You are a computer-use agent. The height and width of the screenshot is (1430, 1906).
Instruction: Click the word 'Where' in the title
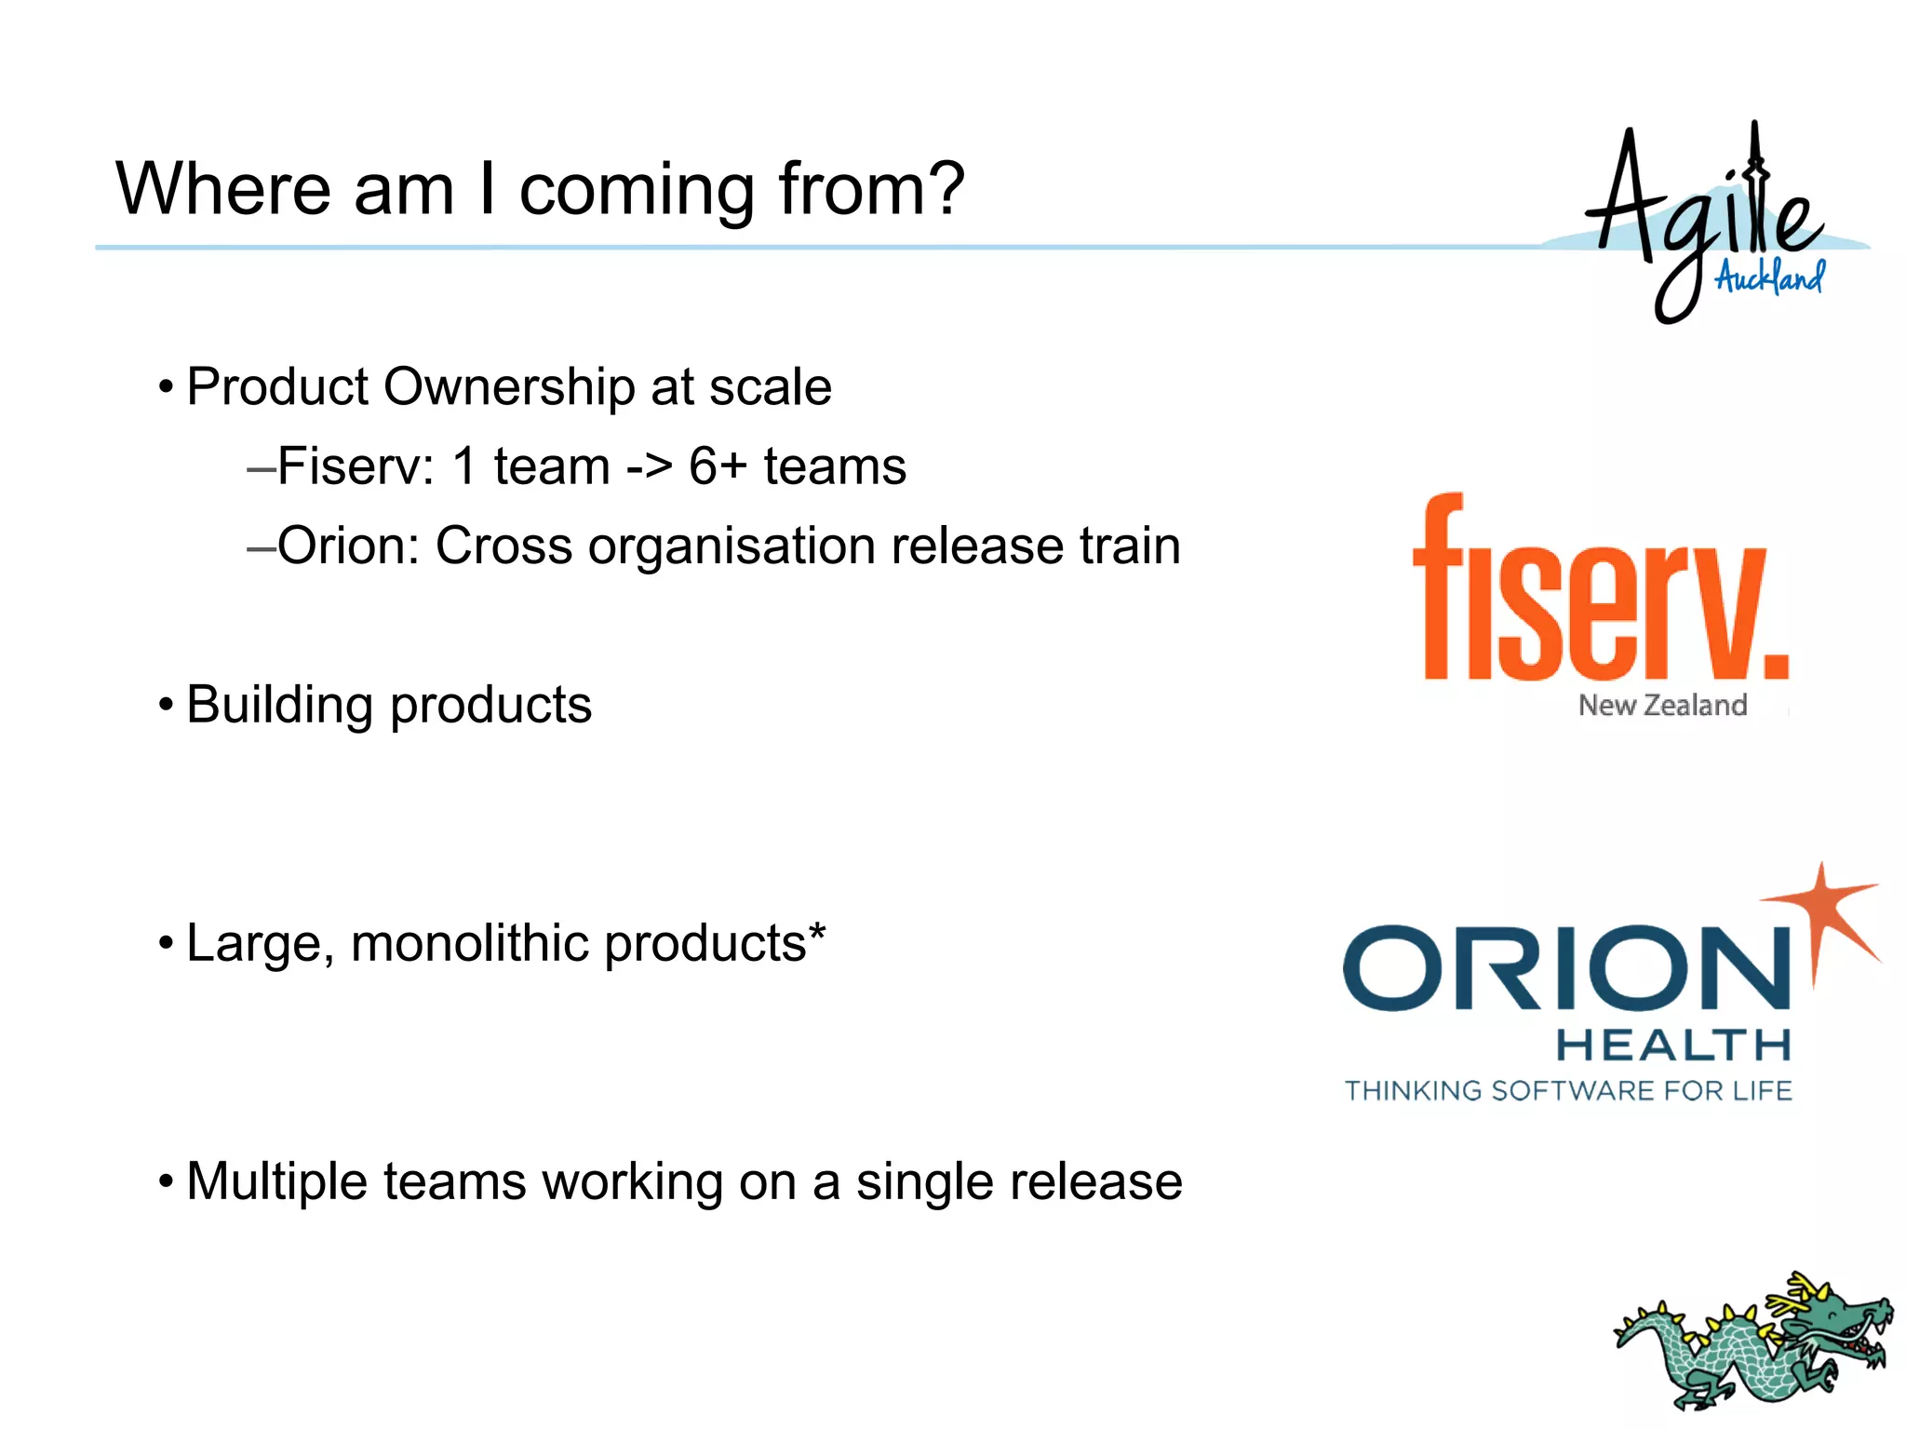tap(223, 189)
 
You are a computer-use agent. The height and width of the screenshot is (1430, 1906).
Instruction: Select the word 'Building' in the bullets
tap(279, 705)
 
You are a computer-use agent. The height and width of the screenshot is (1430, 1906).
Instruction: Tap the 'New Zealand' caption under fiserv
tap(1662, 706)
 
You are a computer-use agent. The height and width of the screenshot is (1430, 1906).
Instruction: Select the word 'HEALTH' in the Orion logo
tap(1673, 1046)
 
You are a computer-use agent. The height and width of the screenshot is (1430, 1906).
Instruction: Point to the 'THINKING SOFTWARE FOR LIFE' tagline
tap(1568, 1091)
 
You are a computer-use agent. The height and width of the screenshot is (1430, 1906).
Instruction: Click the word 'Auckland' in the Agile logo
tap(1769, 277)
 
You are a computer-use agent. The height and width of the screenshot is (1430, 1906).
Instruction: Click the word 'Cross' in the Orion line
tap(503, 546)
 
